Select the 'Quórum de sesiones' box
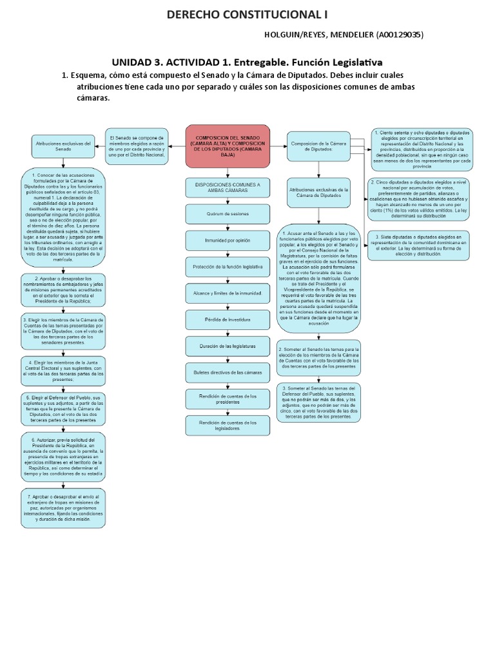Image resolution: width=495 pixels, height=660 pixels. [227, 213]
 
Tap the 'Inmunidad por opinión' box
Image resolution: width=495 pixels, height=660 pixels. [227, 240]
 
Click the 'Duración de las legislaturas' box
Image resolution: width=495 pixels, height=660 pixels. [227, 346]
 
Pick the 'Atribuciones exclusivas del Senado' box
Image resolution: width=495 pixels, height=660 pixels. [63, 146]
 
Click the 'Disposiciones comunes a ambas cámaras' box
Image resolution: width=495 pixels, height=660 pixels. [227, 187]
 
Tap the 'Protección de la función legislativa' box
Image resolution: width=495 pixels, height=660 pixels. [227, 266]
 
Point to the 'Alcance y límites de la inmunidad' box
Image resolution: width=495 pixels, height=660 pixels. [227, 293]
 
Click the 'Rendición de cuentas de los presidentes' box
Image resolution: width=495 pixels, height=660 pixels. [227, 399]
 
